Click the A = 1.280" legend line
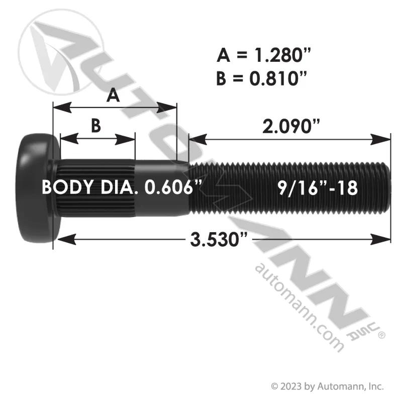tap(264, 55)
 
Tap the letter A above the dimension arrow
tap(113, 95)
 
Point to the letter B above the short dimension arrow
tap(96, 126)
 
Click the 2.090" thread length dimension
tap(291, 127)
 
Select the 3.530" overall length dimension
tap(219, 240)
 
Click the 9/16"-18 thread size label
tap(318, 188)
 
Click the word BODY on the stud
tap(67, 187)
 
